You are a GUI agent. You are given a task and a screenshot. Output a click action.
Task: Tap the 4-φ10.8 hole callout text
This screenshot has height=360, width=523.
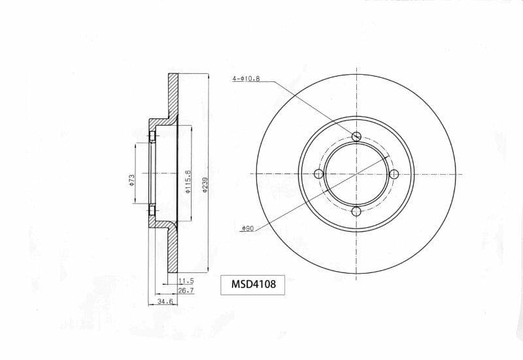(246, 79)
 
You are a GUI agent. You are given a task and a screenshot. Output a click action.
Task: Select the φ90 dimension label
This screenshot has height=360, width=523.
(246, 228)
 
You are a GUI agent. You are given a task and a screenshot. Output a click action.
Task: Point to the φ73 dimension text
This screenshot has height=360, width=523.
(131, 179)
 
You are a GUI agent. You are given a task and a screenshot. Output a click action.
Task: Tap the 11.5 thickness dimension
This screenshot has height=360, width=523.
(186, 281)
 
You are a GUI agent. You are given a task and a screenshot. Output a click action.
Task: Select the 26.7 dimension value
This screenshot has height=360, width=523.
(186, 290)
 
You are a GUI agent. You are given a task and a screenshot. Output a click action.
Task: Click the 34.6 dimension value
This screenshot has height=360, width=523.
(165, 302)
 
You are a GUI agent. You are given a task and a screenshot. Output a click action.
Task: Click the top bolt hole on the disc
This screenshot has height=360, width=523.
(356, 136)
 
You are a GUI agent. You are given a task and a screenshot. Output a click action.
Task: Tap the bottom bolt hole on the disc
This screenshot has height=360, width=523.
(356, 211)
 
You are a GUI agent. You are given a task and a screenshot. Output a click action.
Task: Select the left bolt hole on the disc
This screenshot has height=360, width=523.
(319, 173)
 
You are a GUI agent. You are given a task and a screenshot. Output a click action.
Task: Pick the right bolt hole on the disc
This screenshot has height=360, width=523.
(394, 173)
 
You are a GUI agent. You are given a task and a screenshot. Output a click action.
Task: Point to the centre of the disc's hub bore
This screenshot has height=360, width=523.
(356, 173)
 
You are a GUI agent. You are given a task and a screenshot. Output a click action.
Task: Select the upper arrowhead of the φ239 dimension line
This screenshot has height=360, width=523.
(207, 77)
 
